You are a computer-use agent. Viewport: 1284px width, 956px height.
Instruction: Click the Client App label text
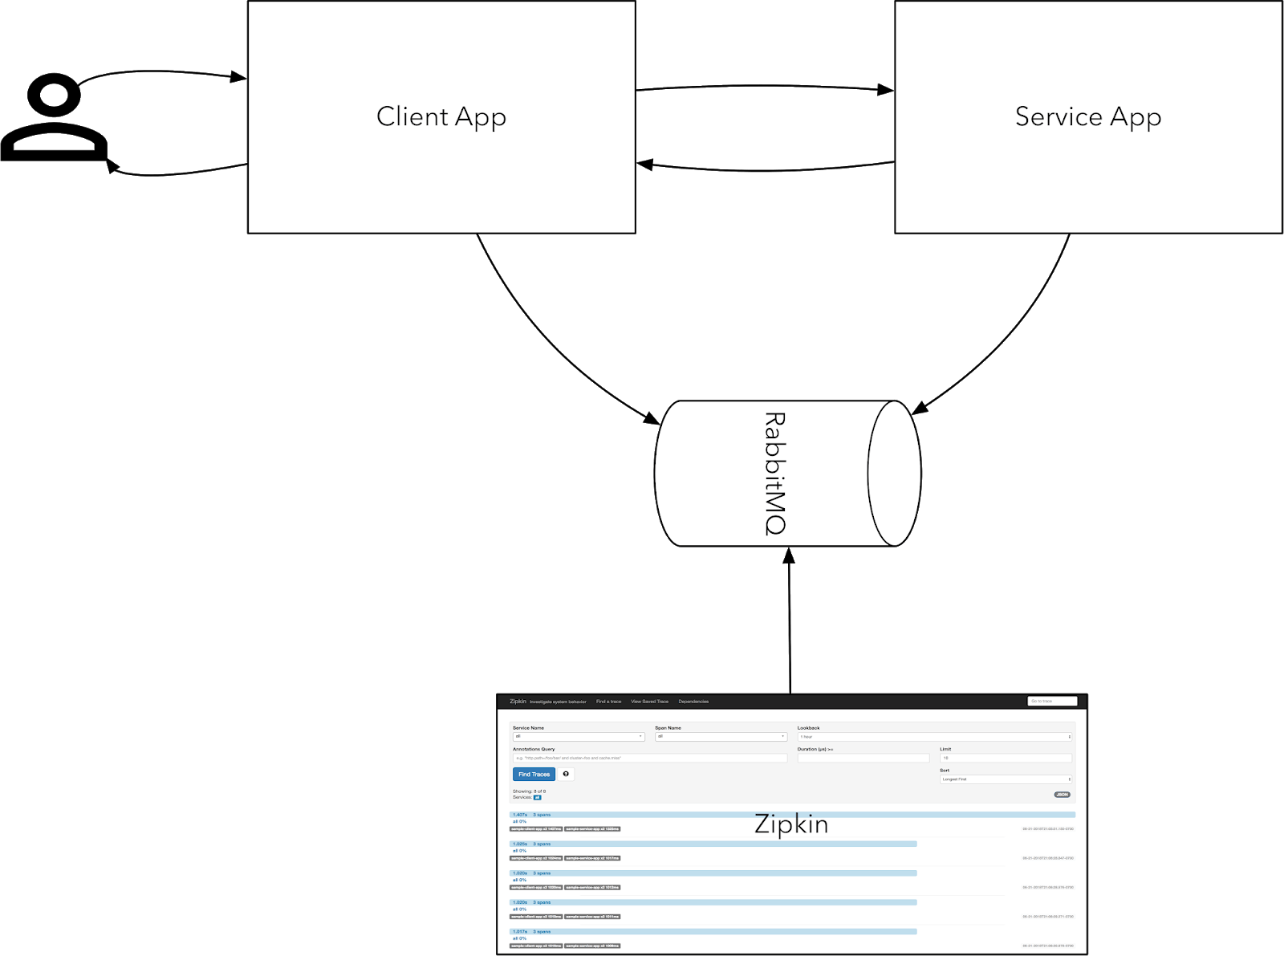click(x=441, y=117)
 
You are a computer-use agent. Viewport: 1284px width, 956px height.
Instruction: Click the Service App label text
click(x=1087, y=117)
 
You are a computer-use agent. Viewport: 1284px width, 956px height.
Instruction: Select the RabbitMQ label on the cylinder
click(x=774, y=474)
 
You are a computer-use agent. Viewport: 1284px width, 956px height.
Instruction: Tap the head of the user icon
click(x=54, y=96)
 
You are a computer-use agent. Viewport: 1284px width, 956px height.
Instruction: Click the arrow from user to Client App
click(x=160, y=73)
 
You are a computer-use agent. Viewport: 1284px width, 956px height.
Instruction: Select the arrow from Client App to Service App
click(x=762, y=86)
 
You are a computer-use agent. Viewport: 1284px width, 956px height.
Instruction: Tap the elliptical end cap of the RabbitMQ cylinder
click(x=894, y=474)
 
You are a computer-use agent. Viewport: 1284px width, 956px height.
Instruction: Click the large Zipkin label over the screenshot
click(x=791, y=824)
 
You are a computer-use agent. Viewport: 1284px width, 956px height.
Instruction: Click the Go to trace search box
click(x=1051, y=701)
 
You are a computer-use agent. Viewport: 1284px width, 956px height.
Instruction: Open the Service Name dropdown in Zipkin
click(x=578, y=736)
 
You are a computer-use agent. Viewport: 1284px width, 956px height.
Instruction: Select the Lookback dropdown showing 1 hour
click(x=934, y=736)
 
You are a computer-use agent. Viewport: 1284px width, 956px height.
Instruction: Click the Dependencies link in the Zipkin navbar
click(x=693, y=702)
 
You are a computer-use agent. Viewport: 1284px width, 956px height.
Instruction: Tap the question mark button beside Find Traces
click(x=566, y=774)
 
